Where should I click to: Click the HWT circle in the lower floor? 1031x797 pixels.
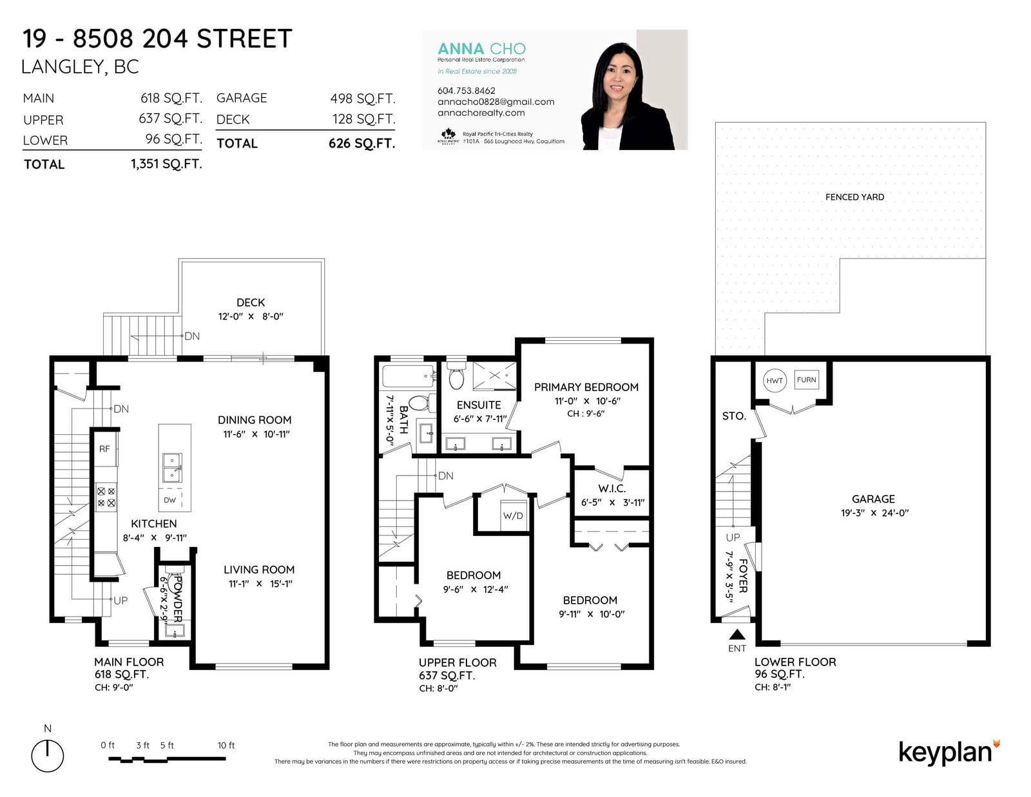pos(775,381)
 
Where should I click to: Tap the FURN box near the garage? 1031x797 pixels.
pos(806,379)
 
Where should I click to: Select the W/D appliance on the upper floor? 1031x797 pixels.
pos(514,515)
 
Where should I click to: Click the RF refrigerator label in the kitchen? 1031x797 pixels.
pos(104,449)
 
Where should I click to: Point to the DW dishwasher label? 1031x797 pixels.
pos(169,500)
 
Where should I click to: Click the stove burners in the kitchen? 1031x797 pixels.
pos(106,497)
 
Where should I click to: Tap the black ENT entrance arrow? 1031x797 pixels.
pos(737,634)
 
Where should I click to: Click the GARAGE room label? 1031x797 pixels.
pos(873,499)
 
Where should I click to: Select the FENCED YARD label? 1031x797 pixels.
pos(854,197)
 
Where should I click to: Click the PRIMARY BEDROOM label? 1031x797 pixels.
pos(586,387)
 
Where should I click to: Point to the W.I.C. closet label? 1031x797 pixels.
pos(612,488)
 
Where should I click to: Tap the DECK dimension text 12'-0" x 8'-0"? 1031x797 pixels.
pos(251,316)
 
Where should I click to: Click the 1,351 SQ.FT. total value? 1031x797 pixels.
pos(166,164)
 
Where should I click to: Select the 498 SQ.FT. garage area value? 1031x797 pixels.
pos(363,99)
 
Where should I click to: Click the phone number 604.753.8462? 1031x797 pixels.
pos(466,91)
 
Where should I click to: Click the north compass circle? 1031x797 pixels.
pos(48,756)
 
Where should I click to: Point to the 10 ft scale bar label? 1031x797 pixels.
pos(226,745)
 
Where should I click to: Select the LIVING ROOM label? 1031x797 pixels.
pos(259,570)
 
